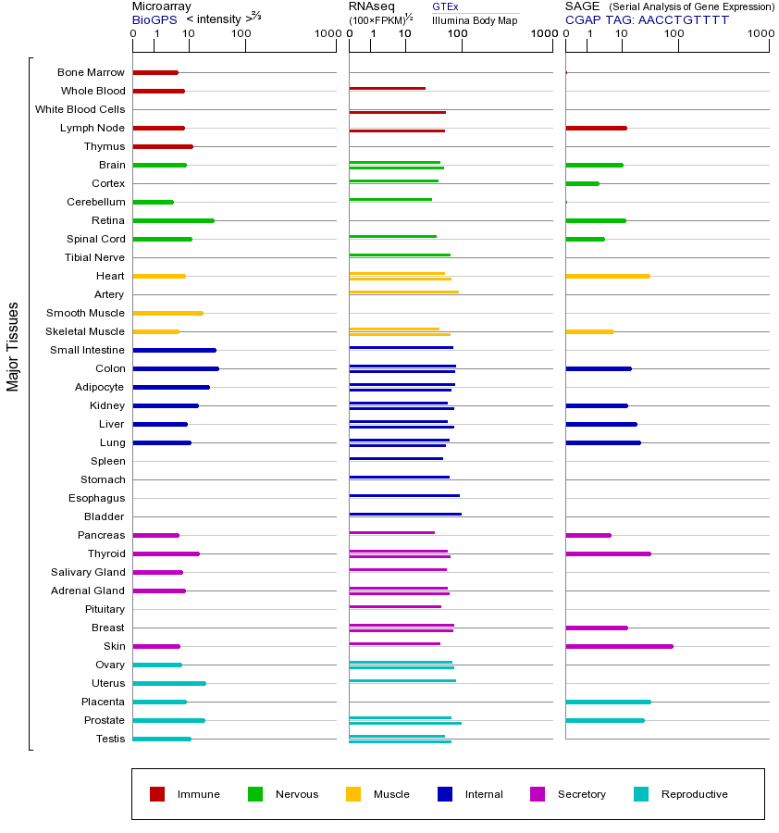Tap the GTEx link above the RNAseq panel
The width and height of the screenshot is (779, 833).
(x=445, y=6)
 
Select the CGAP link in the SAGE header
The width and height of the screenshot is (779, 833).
(x=582, y=19)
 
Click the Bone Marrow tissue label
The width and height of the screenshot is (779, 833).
(x=91, y=72)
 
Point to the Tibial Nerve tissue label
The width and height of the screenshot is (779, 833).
(x=94, y=257)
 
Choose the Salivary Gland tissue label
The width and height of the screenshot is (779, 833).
(x=88, y=572)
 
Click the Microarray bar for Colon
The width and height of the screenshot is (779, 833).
(x=176, y=368)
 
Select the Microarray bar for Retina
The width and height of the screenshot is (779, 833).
(x=173, y=220)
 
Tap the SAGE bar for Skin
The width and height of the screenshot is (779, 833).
(x=619, y=646)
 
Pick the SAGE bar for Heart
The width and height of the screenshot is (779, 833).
(x=607, y=276)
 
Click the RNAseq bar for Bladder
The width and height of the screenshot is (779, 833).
(x=404, y=514)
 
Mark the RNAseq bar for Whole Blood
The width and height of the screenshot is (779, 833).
(x=387, y=88)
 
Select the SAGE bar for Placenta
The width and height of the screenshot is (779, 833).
(x=608, y=702)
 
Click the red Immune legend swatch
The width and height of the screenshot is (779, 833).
(x=157, y=794)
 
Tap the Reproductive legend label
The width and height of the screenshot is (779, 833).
(x=694, y=794)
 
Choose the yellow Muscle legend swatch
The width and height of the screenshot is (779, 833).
(x=353, y=794)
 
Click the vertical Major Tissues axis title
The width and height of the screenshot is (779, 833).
(x=13, y=347)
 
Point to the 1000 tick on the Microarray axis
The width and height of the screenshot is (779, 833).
(x=326, y=33)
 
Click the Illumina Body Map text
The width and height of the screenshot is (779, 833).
(x=475, y=19)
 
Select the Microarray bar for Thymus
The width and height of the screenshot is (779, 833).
(x=163, y=146)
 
